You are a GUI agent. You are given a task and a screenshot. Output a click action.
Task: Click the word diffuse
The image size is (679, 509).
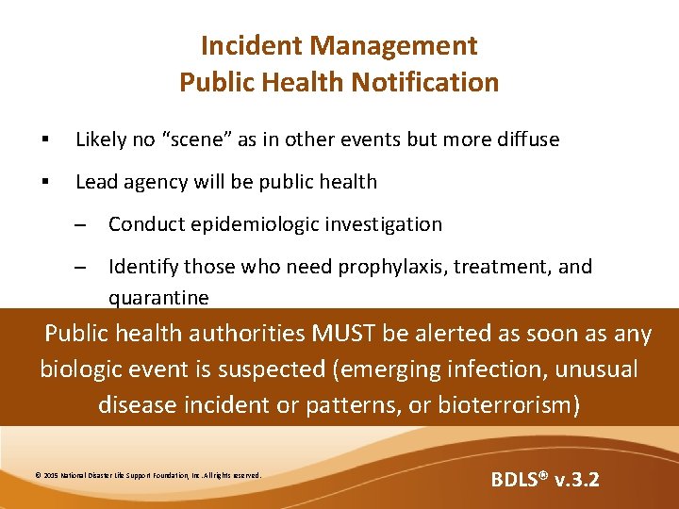[x=524, y=140]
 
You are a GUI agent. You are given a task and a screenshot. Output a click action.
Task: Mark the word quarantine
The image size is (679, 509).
[x=158, y=298]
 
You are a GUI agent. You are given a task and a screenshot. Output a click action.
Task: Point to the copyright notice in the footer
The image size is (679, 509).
[x=147, y=475]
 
